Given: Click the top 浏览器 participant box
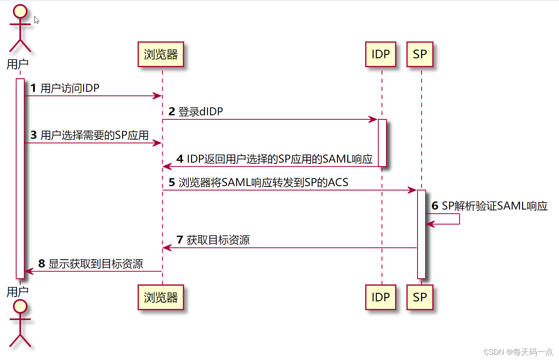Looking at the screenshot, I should click(160, 54).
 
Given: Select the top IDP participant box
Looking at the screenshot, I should click(380, 54).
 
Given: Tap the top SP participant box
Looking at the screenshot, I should click(420, 54).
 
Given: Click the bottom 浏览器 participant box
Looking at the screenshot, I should click(160, 297).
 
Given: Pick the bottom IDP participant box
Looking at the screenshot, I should click(380, 297).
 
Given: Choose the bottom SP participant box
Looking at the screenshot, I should click(420, 297).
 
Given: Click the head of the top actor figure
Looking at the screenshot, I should click(20, 11).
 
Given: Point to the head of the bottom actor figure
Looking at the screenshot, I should click(20, 307).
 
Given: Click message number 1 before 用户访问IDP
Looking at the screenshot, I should click(33, 88).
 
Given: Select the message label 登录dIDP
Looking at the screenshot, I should click(200, 112).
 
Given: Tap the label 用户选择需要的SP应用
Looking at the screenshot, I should click(95, 135).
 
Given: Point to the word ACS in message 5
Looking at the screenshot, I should click(338, 182).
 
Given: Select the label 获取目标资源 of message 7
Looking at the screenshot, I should click(218, 240).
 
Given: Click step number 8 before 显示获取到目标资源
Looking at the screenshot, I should click(42, 264).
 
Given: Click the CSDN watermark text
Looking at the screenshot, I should click(518, 352).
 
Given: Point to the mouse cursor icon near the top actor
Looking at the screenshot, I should click(36, 20).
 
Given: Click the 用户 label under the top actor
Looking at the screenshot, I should click(18, 64).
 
